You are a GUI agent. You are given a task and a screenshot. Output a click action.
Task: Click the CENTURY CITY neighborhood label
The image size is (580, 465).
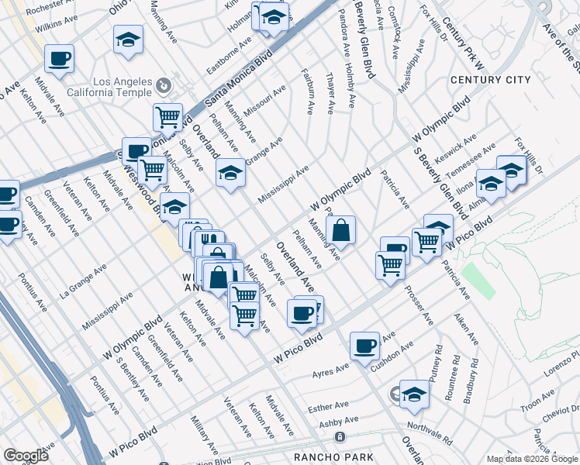pos(490,80)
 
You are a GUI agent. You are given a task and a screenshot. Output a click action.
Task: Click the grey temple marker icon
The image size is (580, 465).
pos(164,84)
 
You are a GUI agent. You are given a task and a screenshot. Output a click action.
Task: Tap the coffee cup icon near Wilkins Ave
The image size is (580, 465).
pos(59,58)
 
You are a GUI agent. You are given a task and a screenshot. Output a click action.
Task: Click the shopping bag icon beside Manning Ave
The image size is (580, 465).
pos(340,229)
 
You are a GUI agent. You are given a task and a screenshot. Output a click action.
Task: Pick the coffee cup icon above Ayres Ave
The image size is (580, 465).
pos(364,346)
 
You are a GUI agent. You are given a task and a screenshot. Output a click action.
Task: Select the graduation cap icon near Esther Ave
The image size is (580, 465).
pos(414,395)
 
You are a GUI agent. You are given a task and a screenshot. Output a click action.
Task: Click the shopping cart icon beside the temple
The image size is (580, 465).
pos(167,118)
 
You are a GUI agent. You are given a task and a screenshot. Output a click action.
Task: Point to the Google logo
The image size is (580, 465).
pos(26,456)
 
